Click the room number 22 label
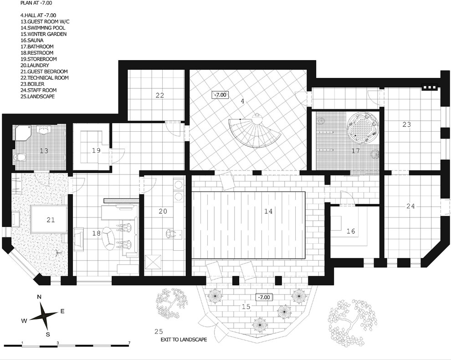159,95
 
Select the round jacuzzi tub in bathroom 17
362,127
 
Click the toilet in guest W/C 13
20,157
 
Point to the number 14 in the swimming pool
268,211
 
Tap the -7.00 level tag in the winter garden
264,297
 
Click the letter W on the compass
24,320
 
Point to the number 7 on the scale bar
129,343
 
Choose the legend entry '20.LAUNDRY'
35,65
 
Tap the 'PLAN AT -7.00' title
36,4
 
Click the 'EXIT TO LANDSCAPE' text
184,339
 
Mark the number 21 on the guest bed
51,220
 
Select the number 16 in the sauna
351,231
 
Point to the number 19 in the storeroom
96,150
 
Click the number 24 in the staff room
411,206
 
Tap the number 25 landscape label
159,331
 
